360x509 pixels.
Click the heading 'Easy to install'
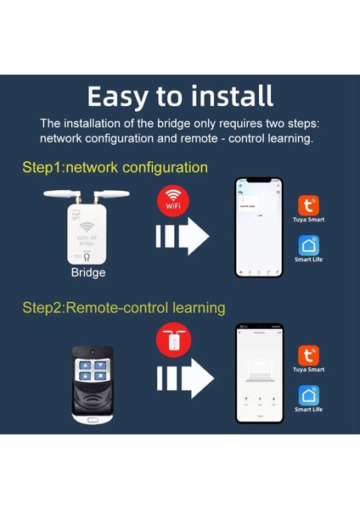point(180,95)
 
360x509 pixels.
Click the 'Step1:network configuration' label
point(115,168)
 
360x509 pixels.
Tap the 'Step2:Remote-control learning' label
point(123,307)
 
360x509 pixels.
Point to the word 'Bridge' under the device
point(87,274)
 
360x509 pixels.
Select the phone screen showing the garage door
point(258,372)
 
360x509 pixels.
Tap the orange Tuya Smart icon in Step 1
point(308,205)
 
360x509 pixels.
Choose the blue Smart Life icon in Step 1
point(308,245)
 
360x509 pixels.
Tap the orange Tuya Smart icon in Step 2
point(308,355)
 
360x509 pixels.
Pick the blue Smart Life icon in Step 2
point(308,394)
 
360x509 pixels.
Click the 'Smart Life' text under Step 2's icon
point(308,410)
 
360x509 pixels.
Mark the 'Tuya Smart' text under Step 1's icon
point(308,220)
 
